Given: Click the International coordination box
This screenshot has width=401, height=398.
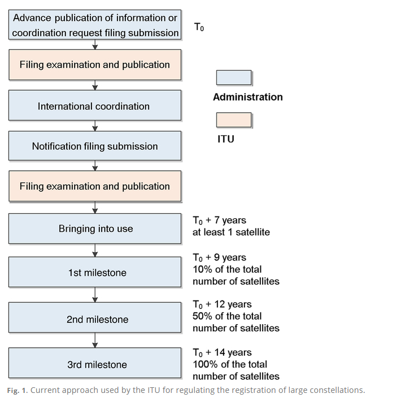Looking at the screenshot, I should (x=95, y=105).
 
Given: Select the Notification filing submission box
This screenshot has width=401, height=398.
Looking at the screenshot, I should (x=95, y=146).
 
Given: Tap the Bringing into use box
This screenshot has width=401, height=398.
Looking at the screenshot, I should (x=95, y=229).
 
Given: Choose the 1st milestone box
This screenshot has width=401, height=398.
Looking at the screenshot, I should (x=95, y=273).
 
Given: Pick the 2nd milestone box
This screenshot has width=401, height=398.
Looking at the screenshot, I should (x=95, y=319).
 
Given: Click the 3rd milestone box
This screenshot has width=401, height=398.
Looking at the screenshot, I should (x=95, y=364).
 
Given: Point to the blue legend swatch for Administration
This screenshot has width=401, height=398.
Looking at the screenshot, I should (x=234, y=78).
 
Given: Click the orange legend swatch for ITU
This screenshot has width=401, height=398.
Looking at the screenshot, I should (x=234, y=120).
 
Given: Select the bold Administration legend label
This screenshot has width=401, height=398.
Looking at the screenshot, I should (x=247, y=97).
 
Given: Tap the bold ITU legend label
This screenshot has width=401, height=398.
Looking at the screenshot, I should (x=225, y=139).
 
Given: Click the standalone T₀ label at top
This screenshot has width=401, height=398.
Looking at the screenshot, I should (x=199, y=27).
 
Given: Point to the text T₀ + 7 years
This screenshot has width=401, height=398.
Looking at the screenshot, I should (x=219, y=220).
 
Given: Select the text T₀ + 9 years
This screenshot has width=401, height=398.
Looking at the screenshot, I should (x=219, y=258).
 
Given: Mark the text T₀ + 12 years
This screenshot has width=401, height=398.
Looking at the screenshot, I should (x=222, y=304).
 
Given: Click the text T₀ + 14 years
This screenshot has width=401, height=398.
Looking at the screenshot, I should (x=222, y=352).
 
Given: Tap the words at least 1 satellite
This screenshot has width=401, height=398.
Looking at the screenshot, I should (x=231, y=232).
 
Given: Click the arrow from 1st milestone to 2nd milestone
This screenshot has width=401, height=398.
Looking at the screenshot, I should (x=95, y=294).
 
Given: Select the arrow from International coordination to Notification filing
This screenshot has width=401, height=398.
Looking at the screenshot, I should (x=95, y=126).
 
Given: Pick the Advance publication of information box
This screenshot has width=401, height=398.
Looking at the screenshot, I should (x=95, y=25).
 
